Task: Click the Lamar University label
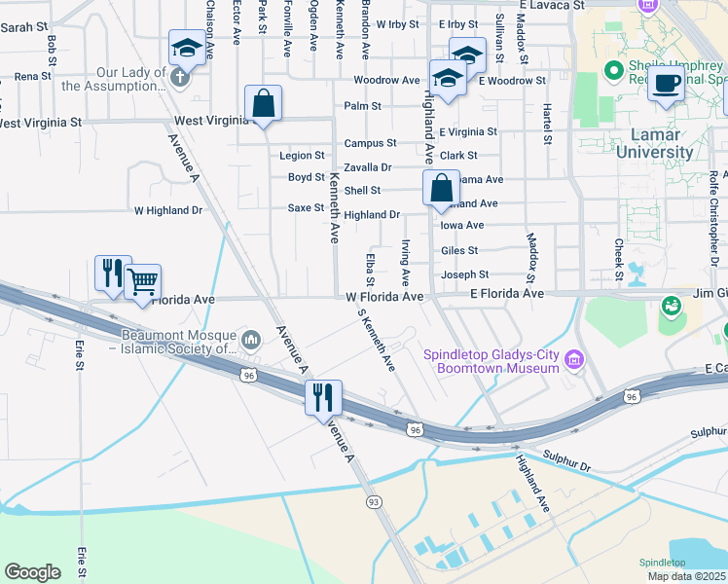[662, 143]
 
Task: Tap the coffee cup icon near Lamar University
[667, 85]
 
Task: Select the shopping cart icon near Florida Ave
[142, 282]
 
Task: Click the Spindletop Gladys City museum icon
[573, 362]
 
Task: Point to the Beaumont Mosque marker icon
[252, 340]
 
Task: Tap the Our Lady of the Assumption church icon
[179, 78]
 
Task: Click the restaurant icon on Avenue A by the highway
[323, 397]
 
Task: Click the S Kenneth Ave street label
[377, 341]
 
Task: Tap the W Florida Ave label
[384, 296]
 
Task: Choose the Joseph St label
[464, 275]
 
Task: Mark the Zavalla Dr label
[367, 167]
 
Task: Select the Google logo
[32, 572]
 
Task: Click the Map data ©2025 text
[687, 576]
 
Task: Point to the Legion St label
[302, 155]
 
